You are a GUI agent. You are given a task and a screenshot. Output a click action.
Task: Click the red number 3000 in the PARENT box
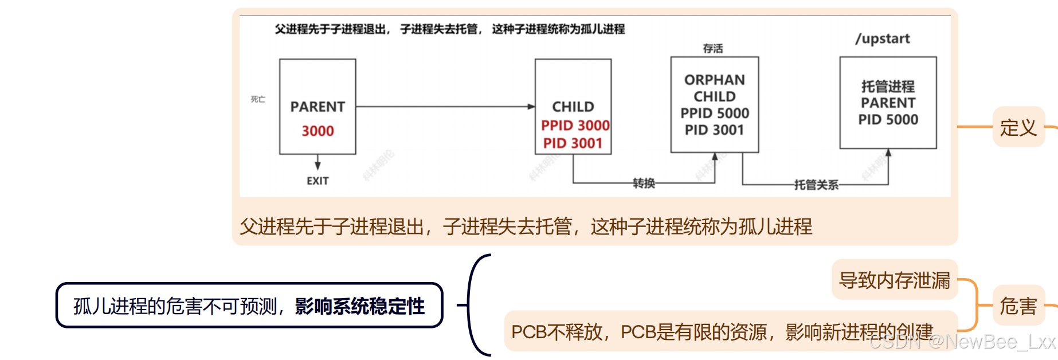click(x=318, y=131)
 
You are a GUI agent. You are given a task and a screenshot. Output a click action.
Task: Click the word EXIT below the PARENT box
click(x=318, y=181)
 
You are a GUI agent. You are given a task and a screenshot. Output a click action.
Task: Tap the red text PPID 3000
click(x=575, y=126)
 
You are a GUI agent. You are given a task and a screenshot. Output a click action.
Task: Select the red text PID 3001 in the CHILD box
click(x=573, y=143)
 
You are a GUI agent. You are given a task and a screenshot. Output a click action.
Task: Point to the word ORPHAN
click(x=715, y=80)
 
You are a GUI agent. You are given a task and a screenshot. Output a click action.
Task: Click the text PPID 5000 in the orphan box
click(x=715, y=114)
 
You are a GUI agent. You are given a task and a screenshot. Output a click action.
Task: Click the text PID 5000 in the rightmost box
click(x=888, y=120)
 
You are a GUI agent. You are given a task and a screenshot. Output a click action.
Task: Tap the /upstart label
click(x=883, y=39)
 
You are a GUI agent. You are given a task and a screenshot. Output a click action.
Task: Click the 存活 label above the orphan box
click(x=713, y=49)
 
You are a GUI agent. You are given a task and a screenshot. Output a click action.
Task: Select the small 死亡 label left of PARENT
click(x=258, y=99)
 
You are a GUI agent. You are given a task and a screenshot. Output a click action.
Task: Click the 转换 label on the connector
click(x=644, y=183)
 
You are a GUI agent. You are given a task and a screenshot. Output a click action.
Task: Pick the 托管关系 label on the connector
click(x=816, y=185)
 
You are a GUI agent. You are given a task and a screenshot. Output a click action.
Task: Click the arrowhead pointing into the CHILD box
click(x=531, y=107)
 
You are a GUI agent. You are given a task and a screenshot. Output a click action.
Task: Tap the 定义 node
click(x=1018, y=127)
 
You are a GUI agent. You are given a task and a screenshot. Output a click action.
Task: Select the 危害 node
click(x=1018, y=306)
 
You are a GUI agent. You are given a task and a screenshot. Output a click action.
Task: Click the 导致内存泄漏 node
click(x=894, y=280)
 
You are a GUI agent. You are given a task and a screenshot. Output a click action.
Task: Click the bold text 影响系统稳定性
click(x=360, y=306)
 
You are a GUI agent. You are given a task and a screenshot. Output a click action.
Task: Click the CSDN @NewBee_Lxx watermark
click(x=962, y=342)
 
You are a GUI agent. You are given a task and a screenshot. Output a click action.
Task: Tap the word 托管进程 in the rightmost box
click(x=888, y=87)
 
